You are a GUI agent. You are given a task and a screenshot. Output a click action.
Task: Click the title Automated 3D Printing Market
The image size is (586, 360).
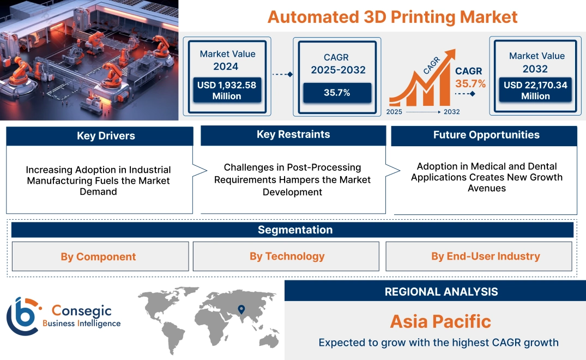coord(392,16)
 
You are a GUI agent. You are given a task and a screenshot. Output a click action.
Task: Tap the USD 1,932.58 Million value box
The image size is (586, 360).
coord(227,91)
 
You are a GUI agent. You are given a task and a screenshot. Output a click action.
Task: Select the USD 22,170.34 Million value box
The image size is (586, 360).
coord(536,91)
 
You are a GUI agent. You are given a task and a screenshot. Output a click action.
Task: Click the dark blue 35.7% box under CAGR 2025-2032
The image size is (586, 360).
coord(337,93)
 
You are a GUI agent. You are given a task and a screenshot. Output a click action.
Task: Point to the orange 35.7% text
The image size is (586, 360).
coord(470,84)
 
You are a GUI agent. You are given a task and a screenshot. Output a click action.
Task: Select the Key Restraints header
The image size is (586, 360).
coord(293,135)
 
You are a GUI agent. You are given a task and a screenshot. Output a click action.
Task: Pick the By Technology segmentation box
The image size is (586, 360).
coord(287,256)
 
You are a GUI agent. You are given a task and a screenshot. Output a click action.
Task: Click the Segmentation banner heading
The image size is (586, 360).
coord(295,230)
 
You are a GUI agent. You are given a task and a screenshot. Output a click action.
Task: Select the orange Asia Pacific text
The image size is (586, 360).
coord(440,321)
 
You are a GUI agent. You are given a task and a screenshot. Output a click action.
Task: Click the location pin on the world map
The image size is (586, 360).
coord(241,310)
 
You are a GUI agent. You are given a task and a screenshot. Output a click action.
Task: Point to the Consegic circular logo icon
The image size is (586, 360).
coord(22,316)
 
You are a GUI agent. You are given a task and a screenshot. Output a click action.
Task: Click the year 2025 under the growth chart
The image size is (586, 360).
coord(395,112)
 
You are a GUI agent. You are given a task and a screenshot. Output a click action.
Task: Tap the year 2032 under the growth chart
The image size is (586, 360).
coord(451,112)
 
